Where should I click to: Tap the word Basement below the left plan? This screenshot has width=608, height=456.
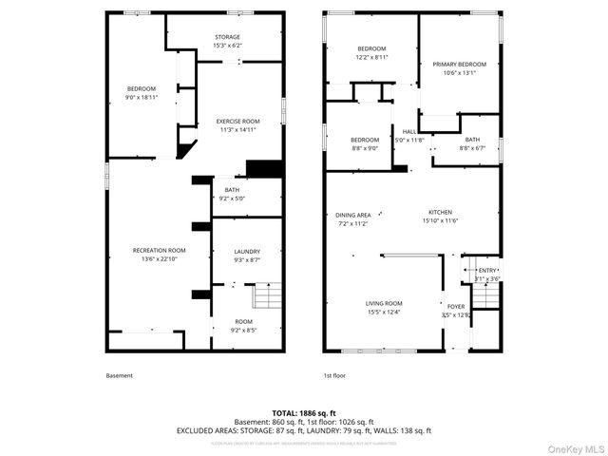[120, 375]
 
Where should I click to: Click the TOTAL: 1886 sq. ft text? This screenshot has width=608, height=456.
[303, 413]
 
